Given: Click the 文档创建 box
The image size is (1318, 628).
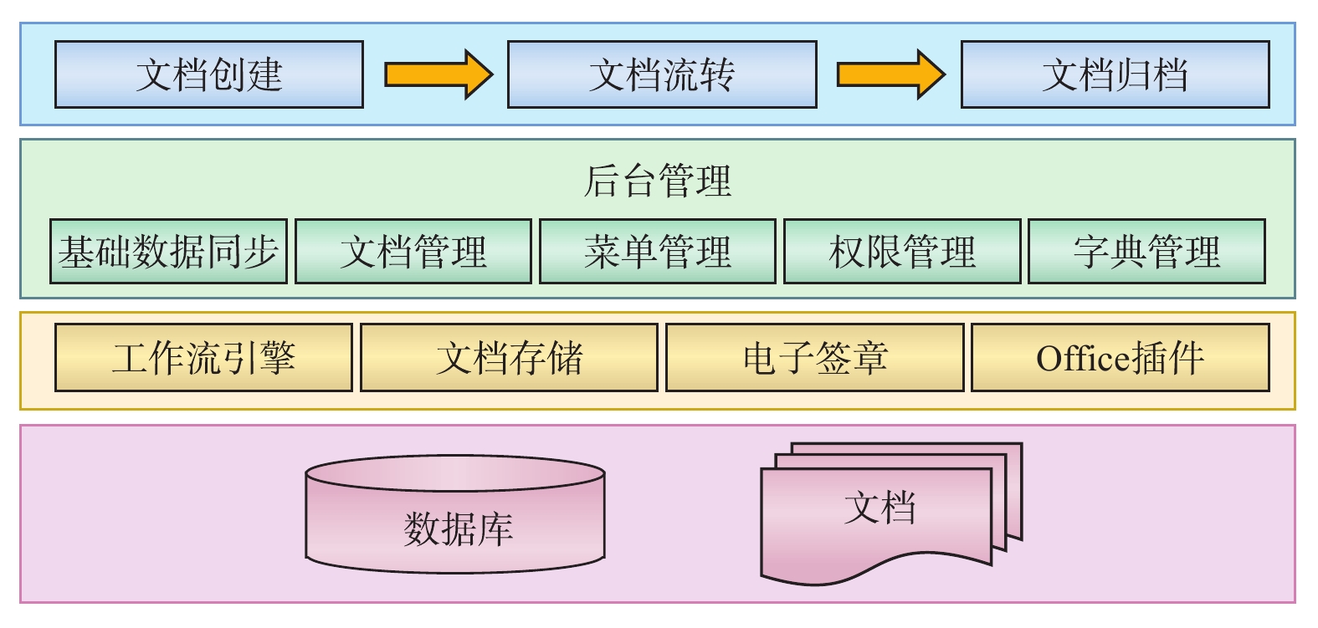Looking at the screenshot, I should (x=209, y=74).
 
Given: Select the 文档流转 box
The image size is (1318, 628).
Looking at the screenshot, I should (x=662, y=74).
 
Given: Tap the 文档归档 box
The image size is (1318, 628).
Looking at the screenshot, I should (x=1115, y=74).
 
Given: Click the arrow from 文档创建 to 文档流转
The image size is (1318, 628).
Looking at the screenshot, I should (x=438, y=74).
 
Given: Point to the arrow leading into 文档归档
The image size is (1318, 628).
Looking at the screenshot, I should (x=890, y=74).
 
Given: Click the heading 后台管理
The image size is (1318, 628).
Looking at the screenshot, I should (x=658, y=181).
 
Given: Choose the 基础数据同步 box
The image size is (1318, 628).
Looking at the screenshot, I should (x=168, y=251).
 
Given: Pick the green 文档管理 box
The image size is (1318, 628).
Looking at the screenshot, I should (x=413, y=251).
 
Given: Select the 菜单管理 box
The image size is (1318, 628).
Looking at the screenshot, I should (x=658, y=251).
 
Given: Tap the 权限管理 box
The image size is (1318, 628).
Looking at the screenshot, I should (x=902, y=251).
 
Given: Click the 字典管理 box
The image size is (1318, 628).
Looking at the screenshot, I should (x=1146, y=251).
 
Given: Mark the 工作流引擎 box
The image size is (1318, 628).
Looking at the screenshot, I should (x=203, y=358).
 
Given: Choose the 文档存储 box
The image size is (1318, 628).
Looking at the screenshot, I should (x=509, y=358).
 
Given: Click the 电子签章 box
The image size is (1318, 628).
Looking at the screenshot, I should (x=814, y=358).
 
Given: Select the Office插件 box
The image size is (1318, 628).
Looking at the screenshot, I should (x=1120, y=358).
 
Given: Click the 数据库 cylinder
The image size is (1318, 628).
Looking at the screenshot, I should (x=455, y=514).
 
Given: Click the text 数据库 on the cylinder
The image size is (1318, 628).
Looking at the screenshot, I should (x=458, y=529).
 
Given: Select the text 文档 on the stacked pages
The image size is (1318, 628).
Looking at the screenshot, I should (x=880, y=508).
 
